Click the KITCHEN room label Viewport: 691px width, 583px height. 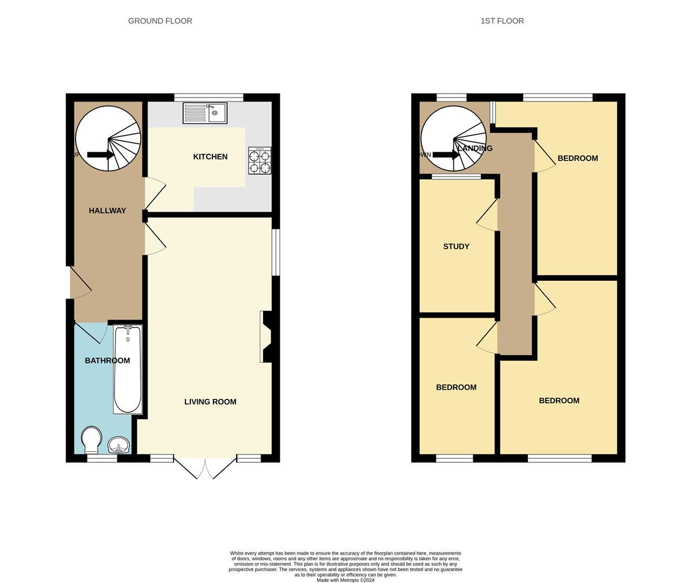(x=210, y=157)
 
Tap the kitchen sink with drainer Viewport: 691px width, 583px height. (x=205, y=113)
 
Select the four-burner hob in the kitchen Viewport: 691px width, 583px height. (x=259, y=161)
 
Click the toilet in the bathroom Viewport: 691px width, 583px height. (x=91, y=440)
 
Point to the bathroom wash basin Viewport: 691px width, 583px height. (x=118, y=445)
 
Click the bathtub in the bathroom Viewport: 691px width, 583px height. (x=128, y=369)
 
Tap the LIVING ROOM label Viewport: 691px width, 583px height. (x=210, y=402)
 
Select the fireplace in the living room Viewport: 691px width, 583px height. (x=266, y=336)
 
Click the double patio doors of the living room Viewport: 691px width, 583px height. (x=205, y=468)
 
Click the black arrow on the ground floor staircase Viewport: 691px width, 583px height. (x=100, y=155)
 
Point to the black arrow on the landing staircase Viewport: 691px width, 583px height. (x=446, y=155)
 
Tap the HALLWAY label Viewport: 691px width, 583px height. (x=107, y=211)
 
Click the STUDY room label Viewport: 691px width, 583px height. (x=456, y=246)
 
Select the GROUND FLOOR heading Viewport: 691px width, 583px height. (x=160, y=21)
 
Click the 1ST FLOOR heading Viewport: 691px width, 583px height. (x=502, y=21)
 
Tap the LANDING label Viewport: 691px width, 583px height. (x=475, y=148)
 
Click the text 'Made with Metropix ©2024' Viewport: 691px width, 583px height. (x=345, y=580)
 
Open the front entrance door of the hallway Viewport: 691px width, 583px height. (x=80, y=283)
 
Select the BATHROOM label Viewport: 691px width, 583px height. (x=107, y=361)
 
